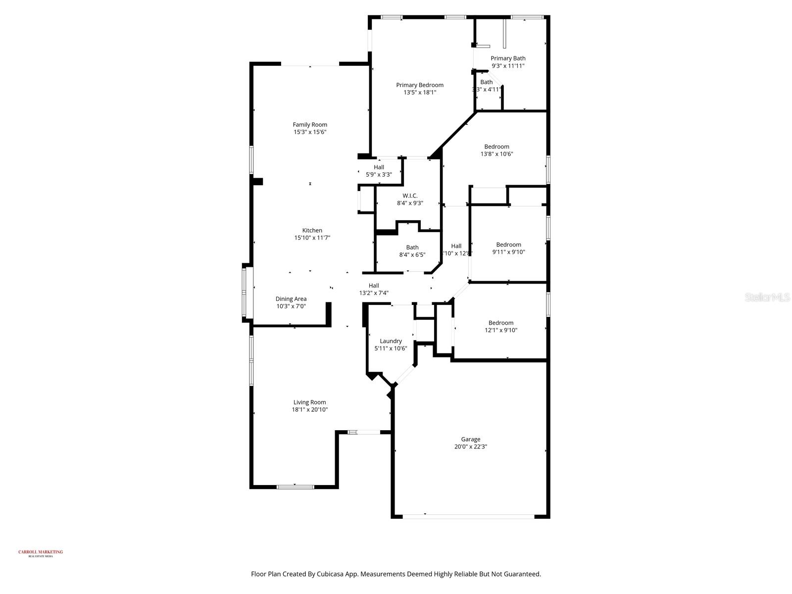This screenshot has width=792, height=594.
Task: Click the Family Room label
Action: [310, 125]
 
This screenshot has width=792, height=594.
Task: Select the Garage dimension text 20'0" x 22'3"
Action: [470, 446]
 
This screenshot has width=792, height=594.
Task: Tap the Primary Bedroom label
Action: [420, 85]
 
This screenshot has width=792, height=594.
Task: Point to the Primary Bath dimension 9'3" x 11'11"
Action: [508, 66]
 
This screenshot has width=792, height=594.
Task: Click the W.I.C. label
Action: [410, 196]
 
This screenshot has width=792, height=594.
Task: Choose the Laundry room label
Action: [391, 341]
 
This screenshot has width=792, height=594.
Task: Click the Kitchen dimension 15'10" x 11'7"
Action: [312, 238]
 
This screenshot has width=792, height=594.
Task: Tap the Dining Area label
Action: [291, 299]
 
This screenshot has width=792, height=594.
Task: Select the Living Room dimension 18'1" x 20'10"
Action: [310, 410]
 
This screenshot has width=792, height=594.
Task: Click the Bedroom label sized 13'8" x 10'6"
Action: [496, 147]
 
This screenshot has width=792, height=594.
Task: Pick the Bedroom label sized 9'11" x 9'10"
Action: [508, 245]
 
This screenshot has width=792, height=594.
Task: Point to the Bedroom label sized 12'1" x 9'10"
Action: [501, 323]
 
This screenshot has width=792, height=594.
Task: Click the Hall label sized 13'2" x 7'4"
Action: [374, 286]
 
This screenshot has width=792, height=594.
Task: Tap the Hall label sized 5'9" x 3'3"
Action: [379, 167]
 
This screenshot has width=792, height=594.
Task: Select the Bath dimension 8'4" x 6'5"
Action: [412, 255]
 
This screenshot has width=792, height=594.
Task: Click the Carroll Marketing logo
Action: [41, 553]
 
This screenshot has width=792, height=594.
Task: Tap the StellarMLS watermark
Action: [768, 297]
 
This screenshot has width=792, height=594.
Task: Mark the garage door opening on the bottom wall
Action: [468, 517]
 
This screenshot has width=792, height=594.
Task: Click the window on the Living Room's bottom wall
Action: [295, 487]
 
